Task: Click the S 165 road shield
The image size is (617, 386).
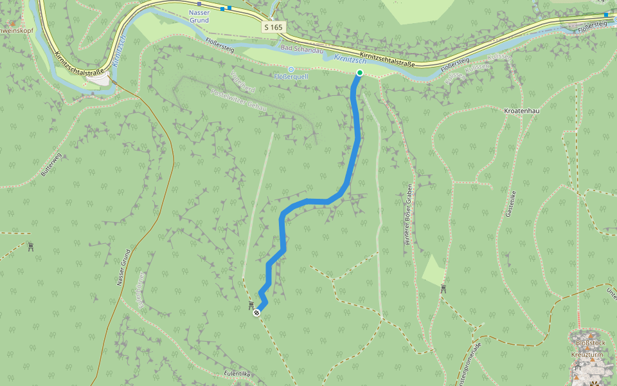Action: coord(273,27)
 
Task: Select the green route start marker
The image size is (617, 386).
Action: coord(359,73)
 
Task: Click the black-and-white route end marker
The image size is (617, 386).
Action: coord(256,313)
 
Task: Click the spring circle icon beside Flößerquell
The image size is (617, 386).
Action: coord(291,69)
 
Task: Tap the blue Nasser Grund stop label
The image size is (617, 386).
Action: coord(199,16)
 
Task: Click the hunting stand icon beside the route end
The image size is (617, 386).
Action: coord(251,304)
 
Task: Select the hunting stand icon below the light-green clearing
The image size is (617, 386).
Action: coord(443,289)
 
